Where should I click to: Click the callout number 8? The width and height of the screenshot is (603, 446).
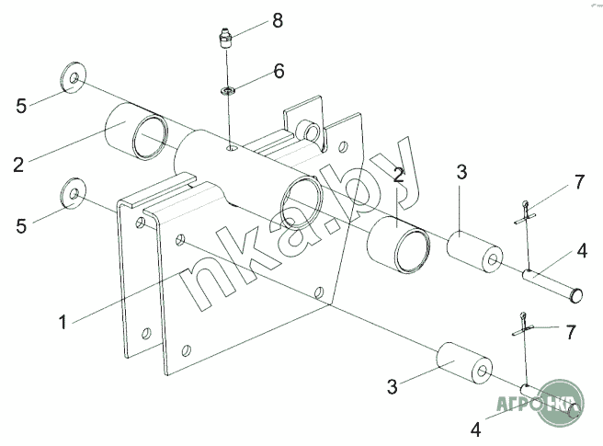[x=278, y=20]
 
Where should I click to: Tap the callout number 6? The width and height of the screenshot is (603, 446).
[x=279, y=71]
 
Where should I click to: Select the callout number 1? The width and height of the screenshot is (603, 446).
[x=63, y=322]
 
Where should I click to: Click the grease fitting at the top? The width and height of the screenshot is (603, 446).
[x=225, y=38]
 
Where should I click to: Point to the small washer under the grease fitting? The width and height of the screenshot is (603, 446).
[x=228, y=91]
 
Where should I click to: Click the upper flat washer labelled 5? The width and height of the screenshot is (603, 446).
[x=73, y=77]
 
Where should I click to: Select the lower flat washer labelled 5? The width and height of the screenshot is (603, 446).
[x=73, y=193]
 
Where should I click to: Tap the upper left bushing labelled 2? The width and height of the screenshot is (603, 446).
[x=137, y=131]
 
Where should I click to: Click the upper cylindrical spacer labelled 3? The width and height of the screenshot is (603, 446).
[x=474, y=252]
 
